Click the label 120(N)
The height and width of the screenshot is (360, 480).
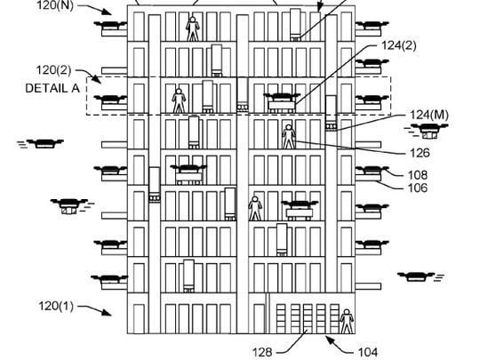point(55,5)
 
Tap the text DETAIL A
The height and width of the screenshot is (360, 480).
point(52,89)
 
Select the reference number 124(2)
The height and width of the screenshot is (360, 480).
point(399,45)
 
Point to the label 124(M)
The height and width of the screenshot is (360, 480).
point(428,115)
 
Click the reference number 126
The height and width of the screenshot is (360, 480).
point(420,153)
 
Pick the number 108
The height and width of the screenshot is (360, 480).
point(418,175)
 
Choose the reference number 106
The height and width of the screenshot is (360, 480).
point(418,188)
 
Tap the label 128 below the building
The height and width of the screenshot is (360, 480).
point(262,352)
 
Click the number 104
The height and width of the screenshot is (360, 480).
point(368,352)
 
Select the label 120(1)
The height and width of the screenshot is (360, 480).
point(56,306)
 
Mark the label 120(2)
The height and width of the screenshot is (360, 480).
point(54,70)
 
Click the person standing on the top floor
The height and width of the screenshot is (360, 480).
point(193,28)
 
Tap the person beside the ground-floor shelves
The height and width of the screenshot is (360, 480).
point(347,321)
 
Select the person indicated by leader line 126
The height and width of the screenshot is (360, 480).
point(289,137)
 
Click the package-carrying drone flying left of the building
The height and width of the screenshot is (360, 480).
point(69,205)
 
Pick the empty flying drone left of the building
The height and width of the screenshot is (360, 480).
point(41,143)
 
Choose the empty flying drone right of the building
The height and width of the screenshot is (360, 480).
point(420,276)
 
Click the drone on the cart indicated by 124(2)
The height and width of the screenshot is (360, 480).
point(282,98)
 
